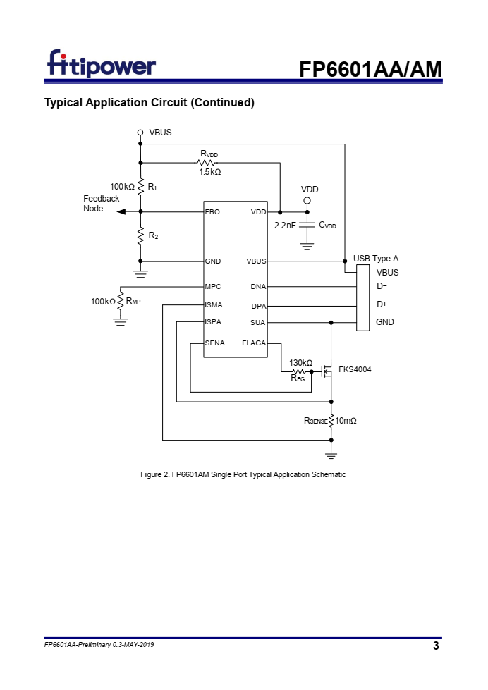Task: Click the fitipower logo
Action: click(102, 63)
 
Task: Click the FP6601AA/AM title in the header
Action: click(370, 69)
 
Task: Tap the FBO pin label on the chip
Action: click(212, 212)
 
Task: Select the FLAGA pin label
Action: click(254, 343)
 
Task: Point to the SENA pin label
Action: click(215, 343)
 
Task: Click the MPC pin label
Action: click(213, 286)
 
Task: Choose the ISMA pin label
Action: click(214, 305)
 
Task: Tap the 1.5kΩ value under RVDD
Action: click(209, 172)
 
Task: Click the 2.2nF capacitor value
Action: click(285, 226)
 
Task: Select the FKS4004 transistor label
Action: click(355, 369)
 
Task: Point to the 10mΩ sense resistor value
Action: click(346, 421)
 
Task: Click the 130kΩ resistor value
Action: click(301, 362)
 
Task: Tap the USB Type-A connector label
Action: click(376, 259)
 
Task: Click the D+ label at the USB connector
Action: click(382, 304)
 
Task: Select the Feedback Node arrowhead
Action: click(121, 212)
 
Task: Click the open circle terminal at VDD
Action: click(307, 201)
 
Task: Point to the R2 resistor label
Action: click(153, 236)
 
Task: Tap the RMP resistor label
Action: click(133, 301)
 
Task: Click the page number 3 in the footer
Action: click(436, 646)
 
